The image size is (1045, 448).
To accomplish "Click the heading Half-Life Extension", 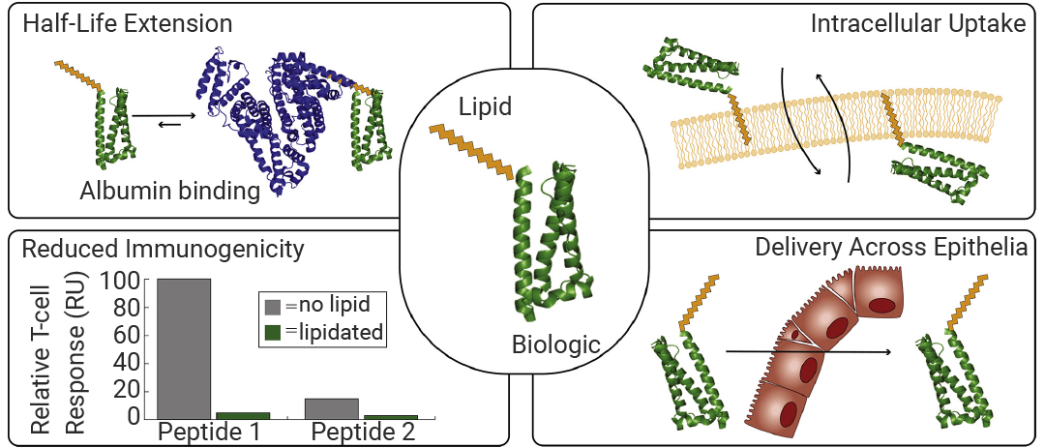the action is (128, 25).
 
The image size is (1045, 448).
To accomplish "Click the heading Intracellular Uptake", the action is (917, 25).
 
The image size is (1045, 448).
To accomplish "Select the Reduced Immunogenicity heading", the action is (164, 249).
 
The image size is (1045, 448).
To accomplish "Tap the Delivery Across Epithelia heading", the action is (890, 248).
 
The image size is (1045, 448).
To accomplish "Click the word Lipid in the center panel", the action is (485, 106).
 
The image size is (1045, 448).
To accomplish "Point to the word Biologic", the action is (556, 345).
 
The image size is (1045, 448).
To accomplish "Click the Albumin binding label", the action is (170, 192).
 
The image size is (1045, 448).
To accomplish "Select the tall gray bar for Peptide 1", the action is (183, 348).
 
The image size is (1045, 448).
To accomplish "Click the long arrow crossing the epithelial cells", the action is (808, 351).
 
